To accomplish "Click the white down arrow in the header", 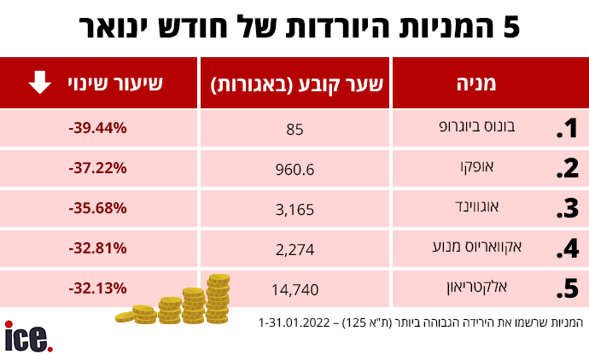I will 38,83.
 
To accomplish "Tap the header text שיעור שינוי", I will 117,83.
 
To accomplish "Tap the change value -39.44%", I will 97,128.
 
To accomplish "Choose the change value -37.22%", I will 97,168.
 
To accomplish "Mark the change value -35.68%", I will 97,208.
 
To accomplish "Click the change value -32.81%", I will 97,248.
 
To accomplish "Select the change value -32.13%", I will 97,288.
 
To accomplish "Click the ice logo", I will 28,336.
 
